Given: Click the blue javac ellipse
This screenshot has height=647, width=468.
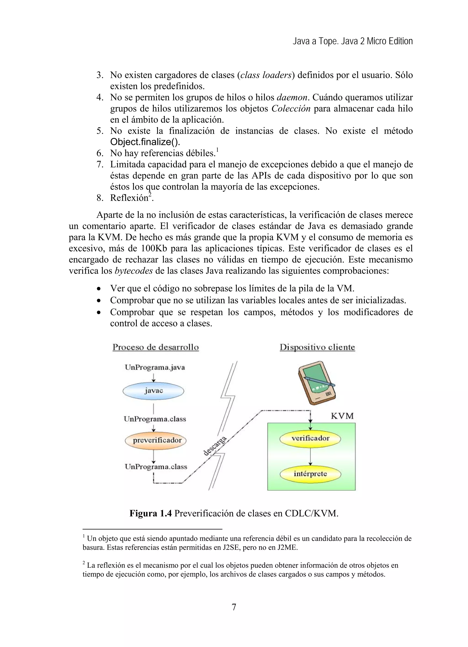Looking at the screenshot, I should pos(153,391).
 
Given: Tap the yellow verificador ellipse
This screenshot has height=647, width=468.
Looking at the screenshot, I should pos(310,438).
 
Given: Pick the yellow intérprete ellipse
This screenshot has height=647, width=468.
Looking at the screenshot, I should pos(310,474).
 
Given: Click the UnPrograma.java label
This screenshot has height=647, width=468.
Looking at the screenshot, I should pos(155,367).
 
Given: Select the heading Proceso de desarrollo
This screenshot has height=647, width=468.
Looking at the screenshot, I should pos(156,347).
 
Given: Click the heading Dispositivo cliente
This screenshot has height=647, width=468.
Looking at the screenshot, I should pos(317,347).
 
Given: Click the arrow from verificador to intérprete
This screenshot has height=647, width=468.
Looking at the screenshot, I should pos(310,456).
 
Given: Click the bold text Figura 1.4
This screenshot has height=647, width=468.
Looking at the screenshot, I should pos(151,513).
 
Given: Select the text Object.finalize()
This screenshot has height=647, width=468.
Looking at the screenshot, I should pos(145,142).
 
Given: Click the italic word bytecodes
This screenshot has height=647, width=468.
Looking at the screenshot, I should pos(134,271).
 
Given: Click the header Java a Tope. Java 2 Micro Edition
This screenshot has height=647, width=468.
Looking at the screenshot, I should pos(353,42).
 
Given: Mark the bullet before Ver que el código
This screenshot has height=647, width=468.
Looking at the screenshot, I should pos(99,289).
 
